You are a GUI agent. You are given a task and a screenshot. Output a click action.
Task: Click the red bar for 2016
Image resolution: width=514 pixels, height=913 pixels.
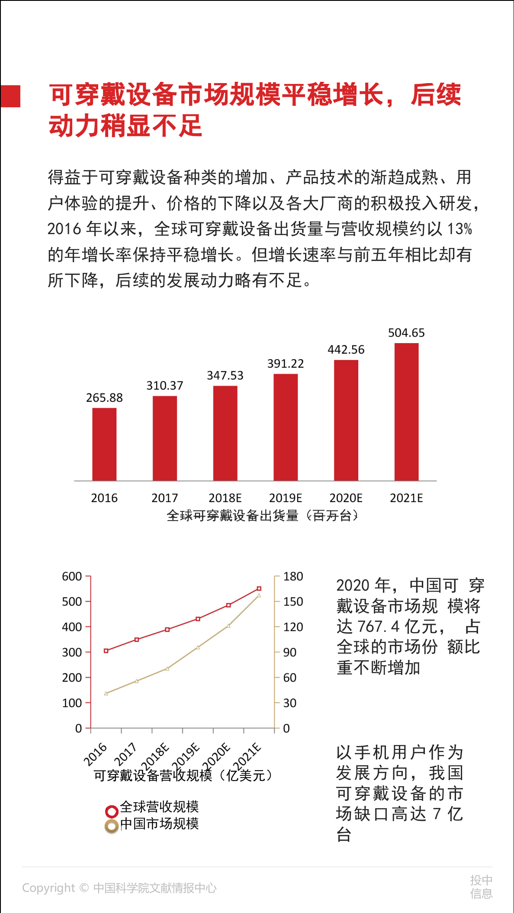(x=104, y=444)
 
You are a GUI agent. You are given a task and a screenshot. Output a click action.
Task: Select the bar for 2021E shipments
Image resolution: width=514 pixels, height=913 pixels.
(x=406, y=411)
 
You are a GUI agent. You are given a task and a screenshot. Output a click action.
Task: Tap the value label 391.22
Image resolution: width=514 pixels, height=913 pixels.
(x=286, y=363)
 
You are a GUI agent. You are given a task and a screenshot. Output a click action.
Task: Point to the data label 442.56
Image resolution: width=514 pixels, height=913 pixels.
(x=346, y=350)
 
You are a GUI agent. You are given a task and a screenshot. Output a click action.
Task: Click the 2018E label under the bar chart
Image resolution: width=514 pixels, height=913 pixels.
(x=225, y=498)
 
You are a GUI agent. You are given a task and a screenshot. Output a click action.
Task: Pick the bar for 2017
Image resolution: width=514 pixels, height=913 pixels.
(x=165, y=438)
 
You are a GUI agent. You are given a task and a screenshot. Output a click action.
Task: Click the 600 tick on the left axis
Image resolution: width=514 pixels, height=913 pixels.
(x=72, y=576)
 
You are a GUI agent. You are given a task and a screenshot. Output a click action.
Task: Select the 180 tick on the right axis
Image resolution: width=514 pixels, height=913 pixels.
(x=293, y=576)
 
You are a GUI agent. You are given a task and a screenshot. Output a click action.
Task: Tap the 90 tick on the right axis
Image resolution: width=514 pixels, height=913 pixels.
(x=290, y=652)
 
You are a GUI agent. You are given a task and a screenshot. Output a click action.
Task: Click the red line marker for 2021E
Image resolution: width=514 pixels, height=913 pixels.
(x=259, y=588)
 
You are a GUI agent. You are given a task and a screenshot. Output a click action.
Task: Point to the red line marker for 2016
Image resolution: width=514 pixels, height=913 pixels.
(x=106, y=651)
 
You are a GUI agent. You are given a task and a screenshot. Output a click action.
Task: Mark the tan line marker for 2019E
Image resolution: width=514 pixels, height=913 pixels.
(x=198, y=647)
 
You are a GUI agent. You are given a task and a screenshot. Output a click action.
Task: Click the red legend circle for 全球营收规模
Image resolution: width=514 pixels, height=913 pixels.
(x=112, y=811)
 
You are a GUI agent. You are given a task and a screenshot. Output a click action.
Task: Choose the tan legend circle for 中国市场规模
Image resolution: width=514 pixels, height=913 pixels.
(x=112, y=826)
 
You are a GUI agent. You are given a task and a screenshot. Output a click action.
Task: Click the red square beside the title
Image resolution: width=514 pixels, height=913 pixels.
(x=10, y=96)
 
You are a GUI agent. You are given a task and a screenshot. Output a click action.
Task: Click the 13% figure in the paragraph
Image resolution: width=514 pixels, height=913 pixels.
(x=459, y=229)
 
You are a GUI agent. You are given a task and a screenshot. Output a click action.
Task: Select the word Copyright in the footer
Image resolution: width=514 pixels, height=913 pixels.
(x=48, y=888)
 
